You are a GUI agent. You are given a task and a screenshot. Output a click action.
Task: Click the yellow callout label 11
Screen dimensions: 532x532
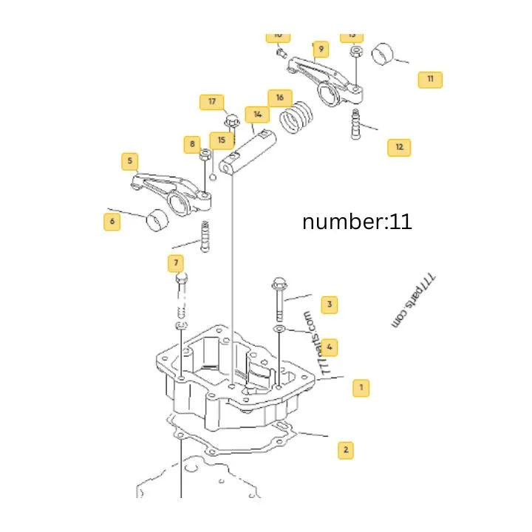[x=430, y=79]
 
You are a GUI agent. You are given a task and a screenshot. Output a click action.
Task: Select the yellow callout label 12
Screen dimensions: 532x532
[x=399, y=147]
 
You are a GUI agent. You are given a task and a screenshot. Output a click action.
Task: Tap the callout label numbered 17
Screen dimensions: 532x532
[x=212, y=102]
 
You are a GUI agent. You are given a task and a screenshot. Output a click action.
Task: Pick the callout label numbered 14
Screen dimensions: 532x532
[x=257, y=115]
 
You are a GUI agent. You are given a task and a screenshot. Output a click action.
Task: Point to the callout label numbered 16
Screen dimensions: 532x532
[x=279, y=98]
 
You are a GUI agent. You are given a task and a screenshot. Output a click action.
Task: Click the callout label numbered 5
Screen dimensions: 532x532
[x=130, y=160]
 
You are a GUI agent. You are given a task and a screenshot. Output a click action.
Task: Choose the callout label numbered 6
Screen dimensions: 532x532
[x=112, y=221]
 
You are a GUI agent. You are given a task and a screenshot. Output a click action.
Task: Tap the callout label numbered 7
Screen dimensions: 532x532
[x=176, y=262]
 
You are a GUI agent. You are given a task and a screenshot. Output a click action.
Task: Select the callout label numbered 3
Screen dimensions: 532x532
[x=330, y=304]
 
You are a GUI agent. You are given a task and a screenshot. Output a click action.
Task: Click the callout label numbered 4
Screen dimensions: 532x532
[x=330, y=346]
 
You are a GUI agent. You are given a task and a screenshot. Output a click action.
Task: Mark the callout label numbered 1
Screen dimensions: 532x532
[x=361, y=386]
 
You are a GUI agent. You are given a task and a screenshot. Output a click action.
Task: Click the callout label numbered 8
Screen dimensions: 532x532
[x=193, y=143]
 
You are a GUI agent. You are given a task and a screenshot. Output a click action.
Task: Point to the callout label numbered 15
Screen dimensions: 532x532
[x=220, y=140]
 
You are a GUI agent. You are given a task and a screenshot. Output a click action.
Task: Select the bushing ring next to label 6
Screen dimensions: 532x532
[x=159, y=220]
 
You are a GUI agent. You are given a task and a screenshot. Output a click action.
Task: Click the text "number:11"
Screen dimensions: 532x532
[x=357, y=221]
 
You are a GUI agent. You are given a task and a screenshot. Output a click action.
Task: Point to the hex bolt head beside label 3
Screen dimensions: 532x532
[x=278, y=283]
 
